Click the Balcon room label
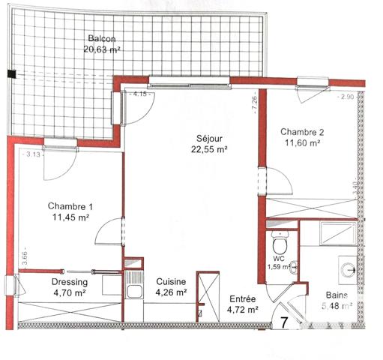(x=102, y=39)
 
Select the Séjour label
(x=209, y=138)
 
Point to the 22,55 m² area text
(x=209, y=149)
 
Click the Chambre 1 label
(x=70, y=206)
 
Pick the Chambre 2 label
(x=301, y=132)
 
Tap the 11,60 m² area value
(x=301, y=143)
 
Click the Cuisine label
(x=171, y=282)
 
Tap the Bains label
(x=336, y=295)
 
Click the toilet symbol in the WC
(x=280, y=244)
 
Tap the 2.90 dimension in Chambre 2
(x=346, y=97)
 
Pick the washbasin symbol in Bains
(x=348, y=268)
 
